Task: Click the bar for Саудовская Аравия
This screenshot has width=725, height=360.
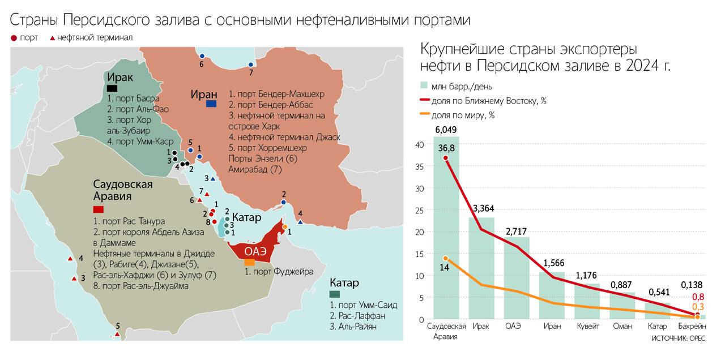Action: click(446, 238)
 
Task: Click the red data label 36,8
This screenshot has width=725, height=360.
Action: click(446, 148)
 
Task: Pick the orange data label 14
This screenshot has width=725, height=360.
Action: click(445, 268)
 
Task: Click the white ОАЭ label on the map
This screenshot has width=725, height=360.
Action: click(255, 252)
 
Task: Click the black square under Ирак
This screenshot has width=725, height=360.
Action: click(112, 88)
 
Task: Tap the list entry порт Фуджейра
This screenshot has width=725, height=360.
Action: click(279, 272)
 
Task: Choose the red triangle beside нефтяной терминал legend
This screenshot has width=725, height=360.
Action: click(53, 38)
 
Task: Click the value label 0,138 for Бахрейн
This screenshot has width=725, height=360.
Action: click(692, 285)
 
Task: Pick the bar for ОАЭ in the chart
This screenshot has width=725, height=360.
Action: click(517, 277)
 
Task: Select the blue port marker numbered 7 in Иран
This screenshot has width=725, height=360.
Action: click(251, 65)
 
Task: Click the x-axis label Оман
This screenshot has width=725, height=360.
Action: click(622, 327)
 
